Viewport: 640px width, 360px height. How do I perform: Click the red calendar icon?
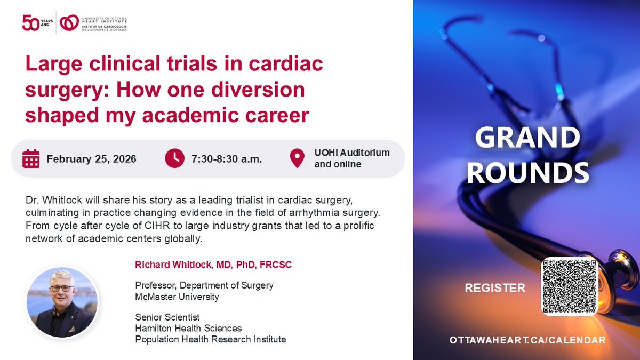[31, 159]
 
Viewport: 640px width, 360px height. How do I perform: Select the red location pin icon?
[297, 158]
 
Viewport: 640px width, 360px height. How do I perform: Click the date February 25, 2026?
[91, 159]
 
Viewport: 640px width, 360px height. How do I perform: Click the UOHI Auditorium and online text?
[351, 158]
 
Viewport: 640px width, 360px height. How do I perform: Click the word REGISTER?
[495, 288]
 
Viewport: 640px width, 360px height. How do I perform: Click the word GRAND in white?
[527, 138]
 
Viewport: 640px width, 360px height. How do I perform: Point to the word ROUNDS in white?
[531, 172]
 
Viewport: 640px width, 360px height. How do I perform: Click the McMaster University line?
[177, 297]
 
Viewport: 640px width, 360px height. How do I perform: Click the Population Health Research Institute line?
[210, 339]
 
